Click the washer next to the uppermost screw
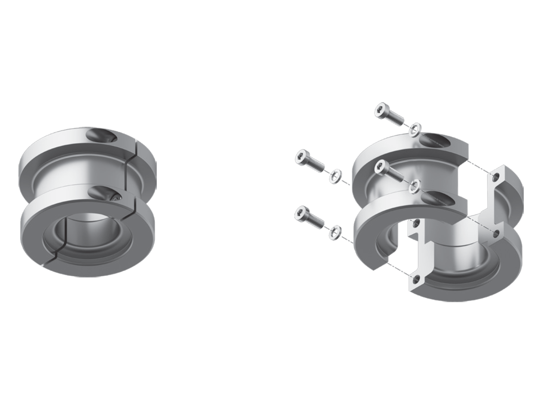tap(416, 128)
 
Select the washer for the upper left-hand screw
tap(335, 176)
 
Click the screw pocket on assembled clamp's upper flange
tap(101, 135)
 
